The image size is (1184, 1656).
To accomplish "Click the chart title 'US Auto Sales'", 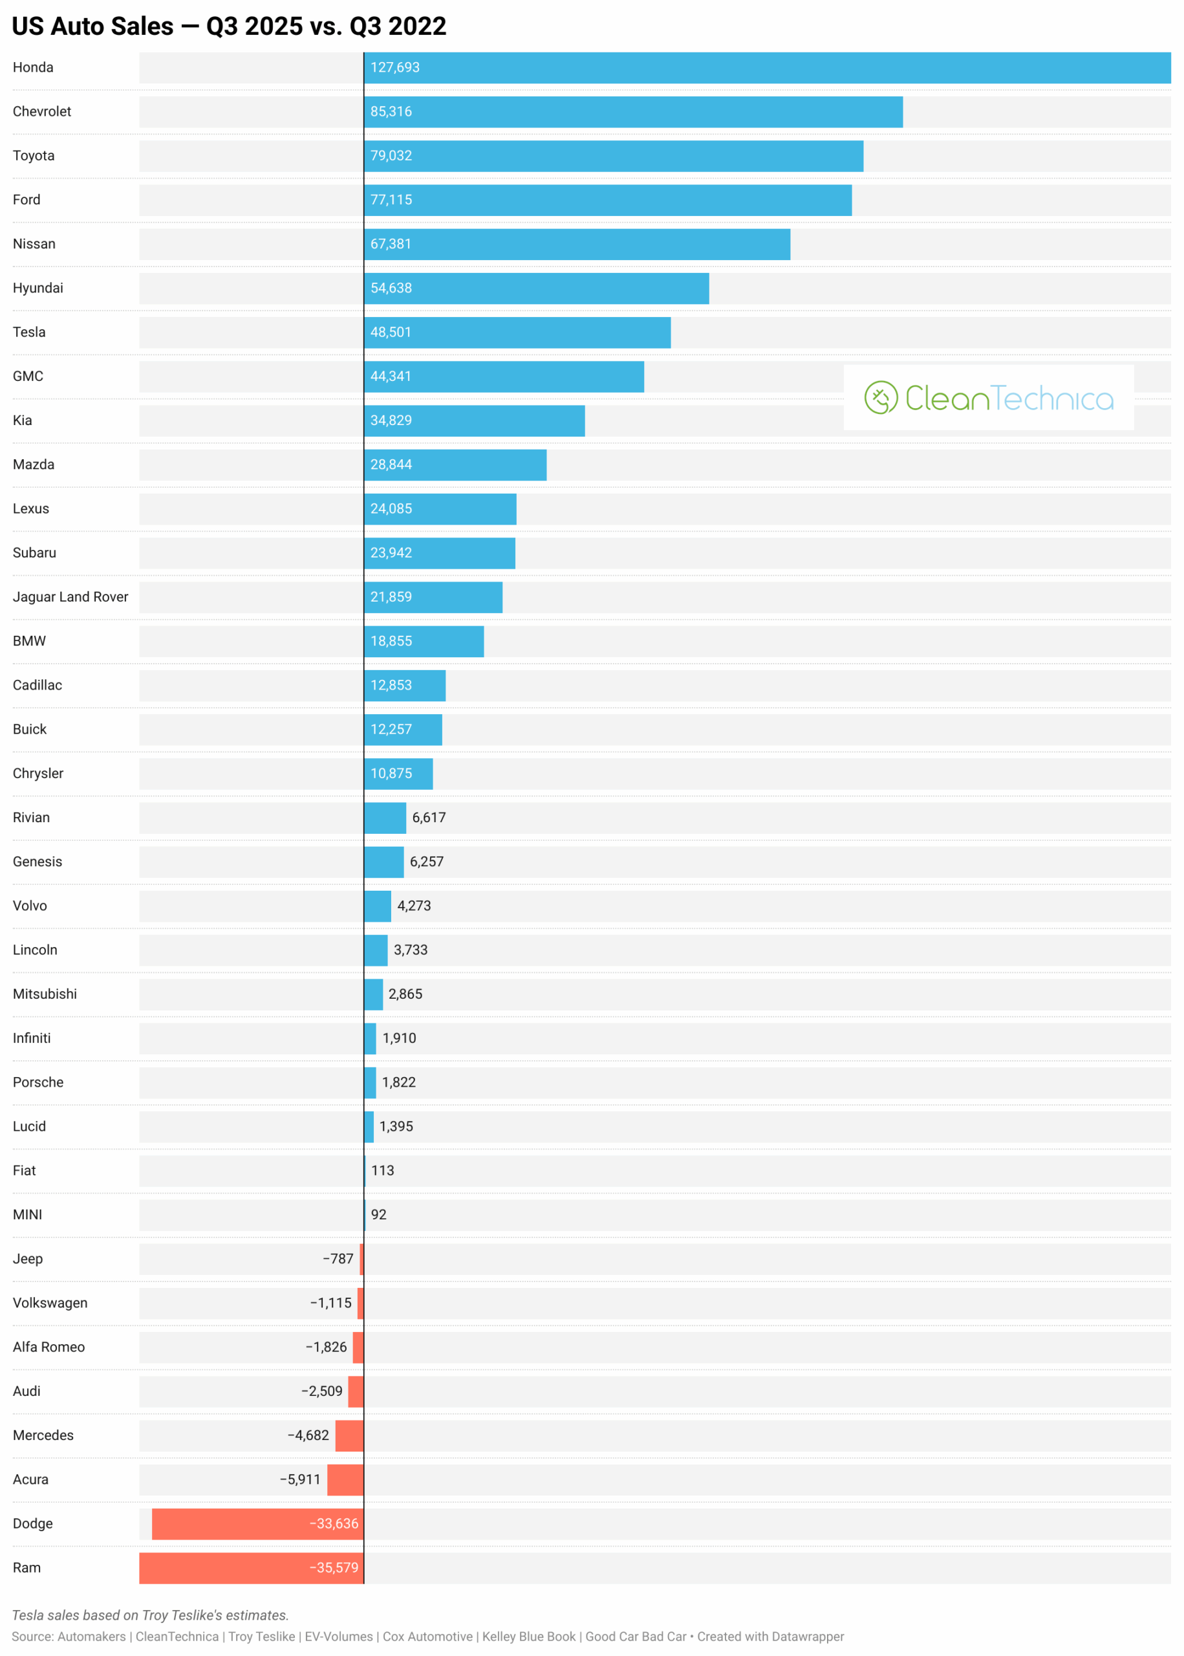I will tap(228, 27).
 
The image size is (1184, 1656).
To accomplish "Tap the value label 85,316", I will tap(391, 111).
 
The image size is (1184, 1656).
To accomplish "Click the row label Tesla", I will tap(29, 332).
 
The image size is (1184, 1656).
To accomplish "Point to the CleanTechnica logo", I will tap(988, 397).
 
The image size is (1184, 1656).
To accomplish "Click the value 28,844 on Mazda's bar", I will tap(391, 464).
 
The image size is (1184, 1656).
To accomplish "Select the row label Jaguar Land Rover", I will tap(70, 597).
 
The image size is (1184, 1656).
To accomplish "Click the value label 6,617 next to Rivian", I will tap(429, 818).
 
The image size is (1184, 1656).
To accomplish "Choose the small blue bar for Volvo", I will tap(378, 906).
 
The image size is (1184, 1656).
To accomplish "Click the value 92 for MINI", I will tap(378, 1215).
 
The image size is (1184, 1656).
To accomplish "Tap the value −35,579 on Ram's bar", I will tap(334, 1568).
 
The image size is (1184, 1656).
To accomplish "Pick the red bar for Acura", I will tap(345, 1479).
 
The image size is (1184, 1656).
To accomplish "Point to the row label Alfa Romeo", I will tap(49, 1347).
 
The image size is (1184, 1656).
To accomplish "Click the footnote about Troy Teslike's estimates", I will tap(150, 1615).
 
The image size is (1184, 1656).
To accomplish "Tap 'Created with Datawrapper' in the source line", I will tap(771, 1637).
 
